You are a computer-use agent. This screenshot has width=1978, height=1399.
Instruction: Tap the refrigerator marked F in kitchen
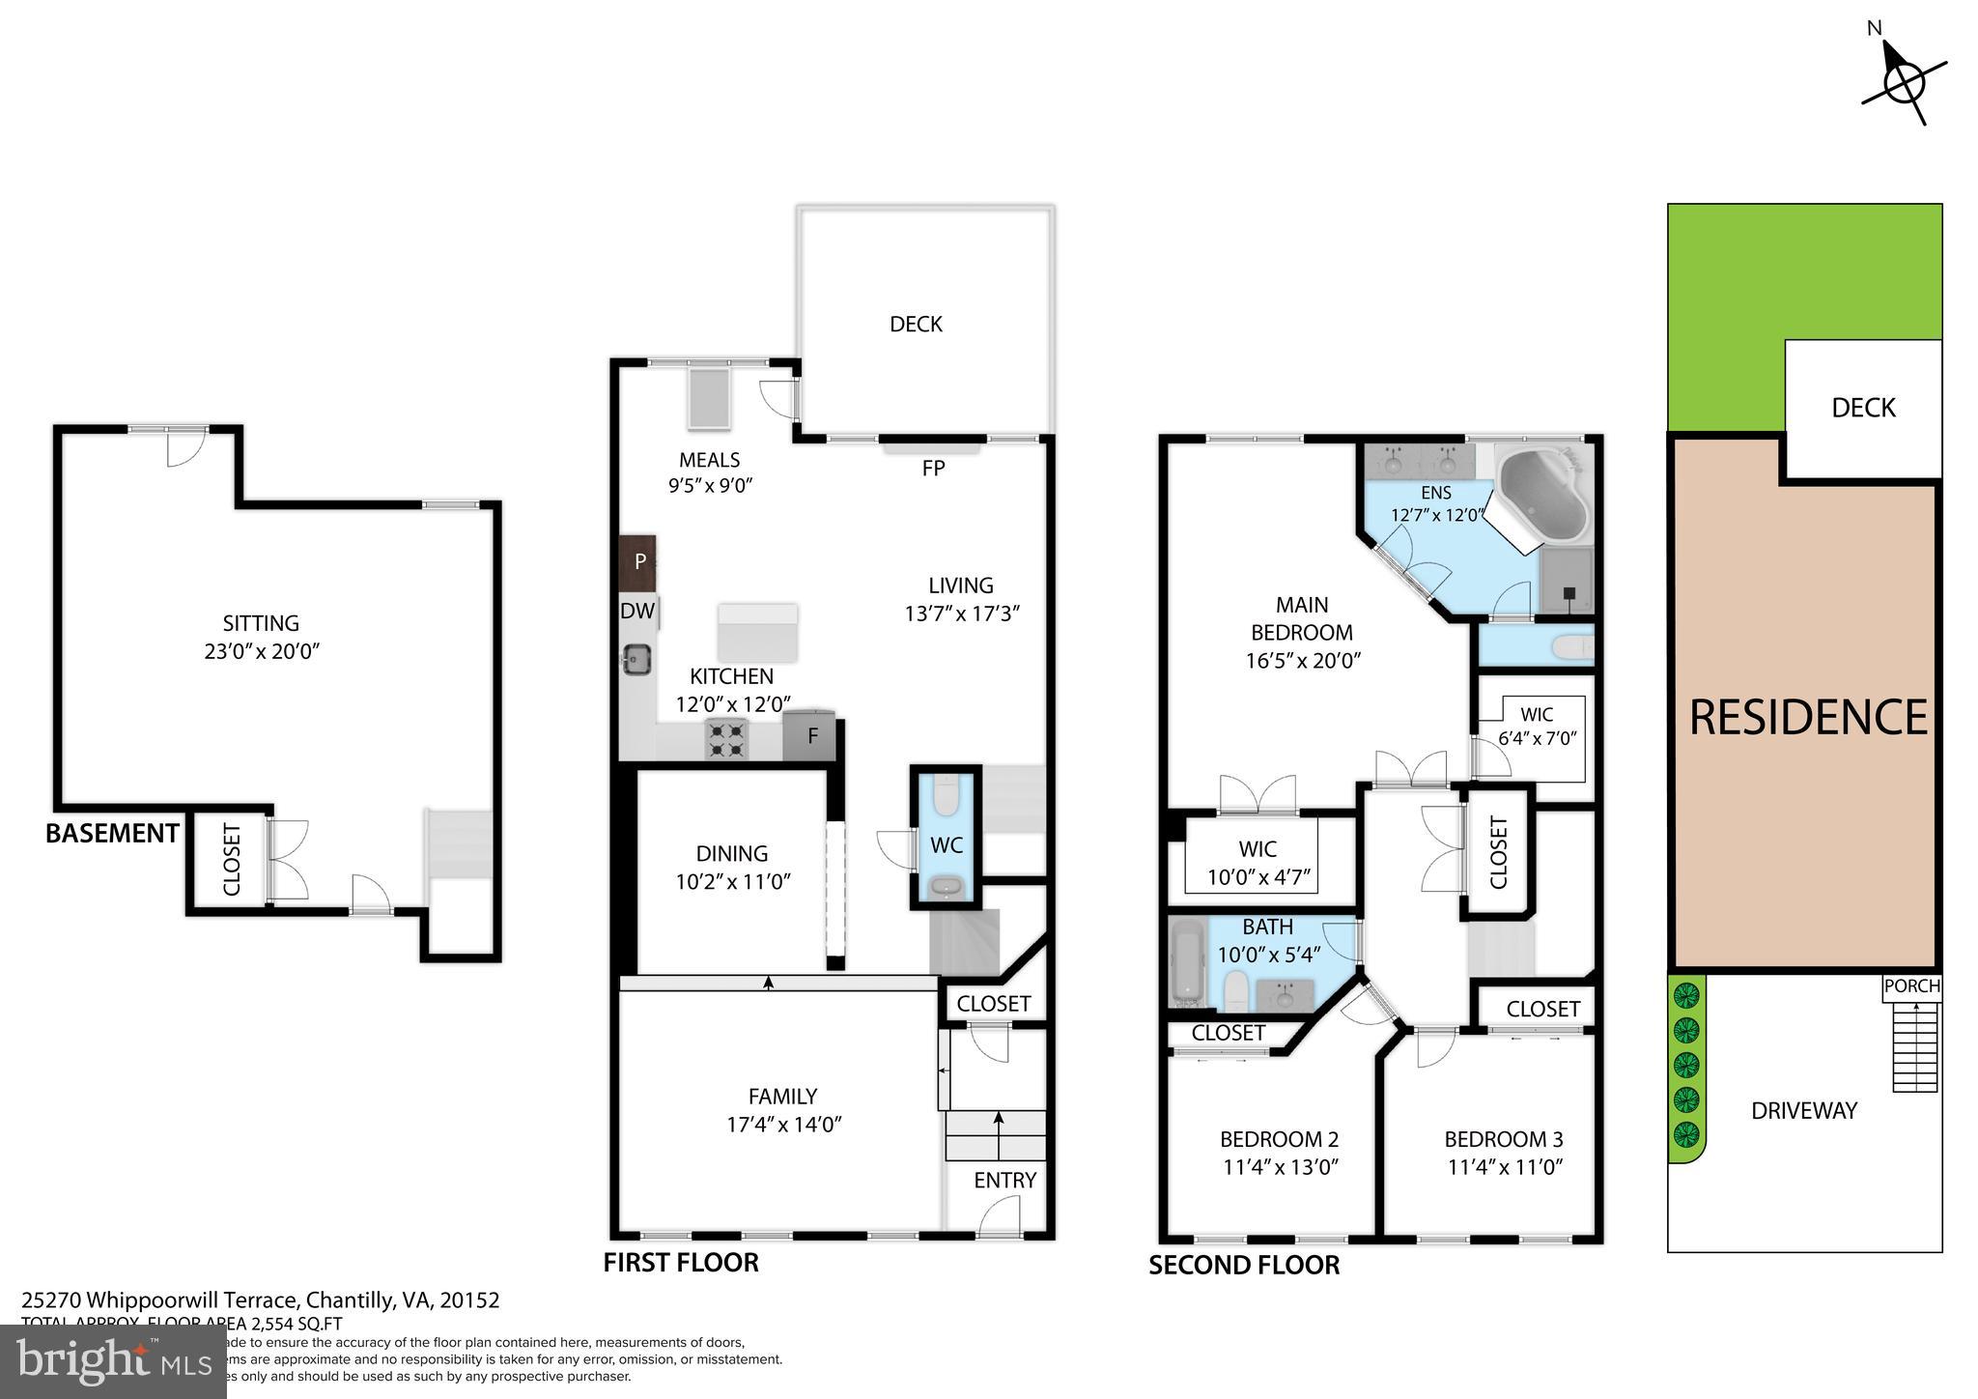810,736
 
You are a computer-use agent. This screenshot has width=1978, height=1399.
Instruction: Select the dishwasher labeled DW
637,611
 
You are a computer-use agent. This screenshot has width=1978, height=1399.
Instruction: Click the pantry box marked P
638,561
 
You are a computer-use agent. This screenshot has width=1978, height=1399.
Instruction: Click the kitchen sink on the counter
636,660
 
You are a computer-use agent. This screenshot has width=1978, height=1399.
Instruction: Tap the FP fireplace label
933,469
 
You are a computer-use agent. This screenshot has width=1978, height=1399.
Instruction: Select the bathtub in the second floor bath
1186,962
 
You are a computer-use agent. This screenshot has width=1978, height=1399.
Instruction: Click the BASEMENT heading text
112,833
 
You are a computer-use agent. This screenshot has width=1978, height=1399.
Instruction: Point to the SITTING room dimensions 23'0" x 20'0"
261,651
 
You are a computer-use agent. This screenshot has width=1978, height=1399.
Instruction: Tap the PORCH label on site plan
1911,986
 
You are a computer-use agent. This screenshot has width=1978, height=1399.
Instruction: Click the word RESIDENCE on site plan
1808,718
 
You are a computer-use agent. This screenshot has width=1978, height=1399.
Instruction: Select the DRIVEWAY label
1804,1111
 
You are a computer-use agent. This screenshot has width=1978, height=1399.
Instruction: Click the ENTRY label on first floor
1004,1180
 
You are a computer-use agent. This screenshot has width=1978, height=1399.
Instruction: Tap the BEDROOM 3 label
1504,1139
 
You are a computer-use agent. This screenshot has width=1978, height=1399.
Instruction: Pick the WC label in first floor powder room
946,845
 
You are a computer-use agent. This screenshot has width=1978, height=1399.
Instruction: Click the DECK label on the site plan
1863,408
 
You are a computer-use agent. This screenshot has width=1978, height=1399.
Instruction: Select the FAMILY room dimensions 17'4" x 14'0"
783,1125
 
